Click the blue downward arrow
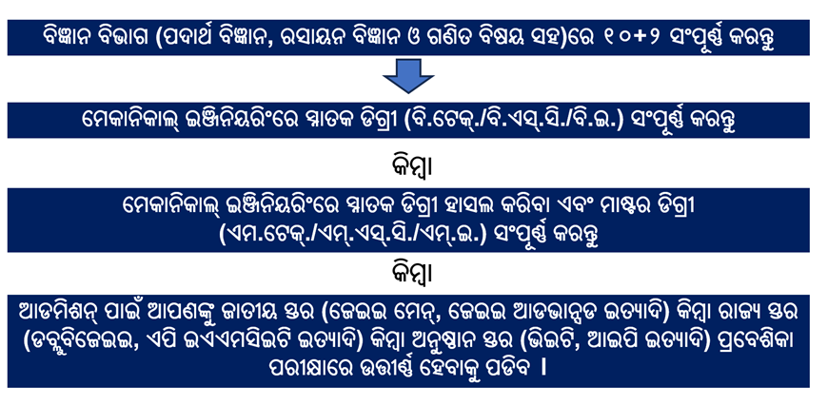408,76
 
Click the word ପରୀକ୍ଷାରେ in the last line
320,368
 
